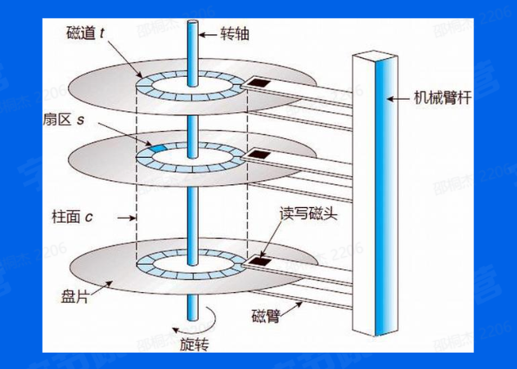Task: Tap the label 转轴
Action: click(x=237, y=35)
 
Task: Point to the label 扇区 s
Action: click(x=83, y=119)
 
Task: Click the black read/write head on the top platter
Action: click(x=260, y=83)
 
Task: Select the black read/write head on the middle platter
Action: click(x=260, y=154)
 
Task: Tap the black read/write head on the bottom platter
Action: click(x=261, y=261)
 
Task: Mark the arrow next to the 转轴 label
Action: click(x=211, y=35)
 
